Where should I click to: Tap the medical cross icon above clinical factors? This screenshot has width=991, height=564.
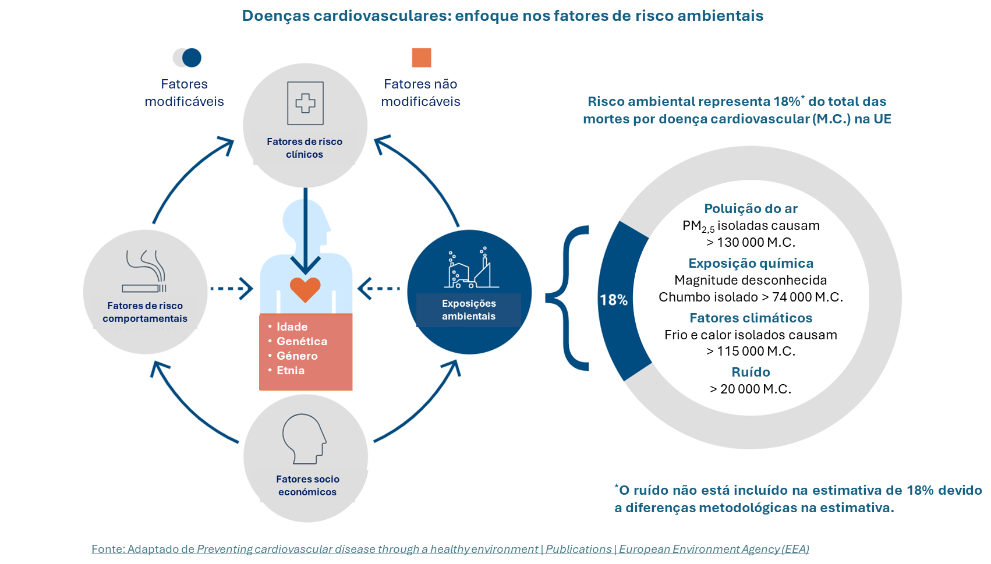(x=305, y=103)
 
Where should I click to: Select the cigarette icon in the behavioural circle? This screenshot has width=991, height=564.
(x=145, y=271)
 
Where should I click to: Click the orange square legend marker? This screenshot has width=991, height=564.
(x=422, y=58)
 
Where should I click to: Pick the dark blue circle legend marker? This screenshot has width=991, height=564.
(x=192, y=58)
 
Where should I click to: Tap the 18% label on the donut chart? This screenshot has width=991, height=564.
(x=614, y=300)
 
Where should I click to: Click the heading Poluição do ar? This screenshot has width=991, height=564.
(x=751, y=208)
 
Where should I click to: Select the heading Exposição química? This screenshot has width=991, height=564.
(x=751, y=263)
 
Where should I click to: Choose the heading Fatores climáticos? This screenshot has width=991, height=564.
(x=751, y=318)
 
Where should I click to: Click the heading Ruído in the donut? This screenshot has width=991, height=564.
(x=751, y=372)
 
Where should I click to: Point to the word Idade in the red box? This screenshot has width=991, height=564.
(x=292, y=327)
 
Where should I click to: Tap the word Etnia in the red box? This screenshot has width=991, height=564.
(x=291, y=370)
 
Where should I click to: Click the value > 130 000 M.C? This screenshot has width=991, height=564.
(x=751, y=242)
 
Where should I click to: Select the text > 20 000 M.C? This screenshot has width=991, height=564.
(x=751, y=389)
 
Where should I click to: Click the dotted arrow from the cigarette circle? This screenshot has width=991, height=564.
(x=231, y=288)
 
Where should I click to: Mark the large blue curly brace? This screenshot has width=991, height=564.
(x=568, y=298)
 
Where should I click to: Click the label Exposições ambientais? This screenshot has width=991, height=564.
(x=469, y=310)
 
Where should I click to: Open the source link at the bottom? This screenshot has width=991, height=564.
(x=450, y=549)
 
